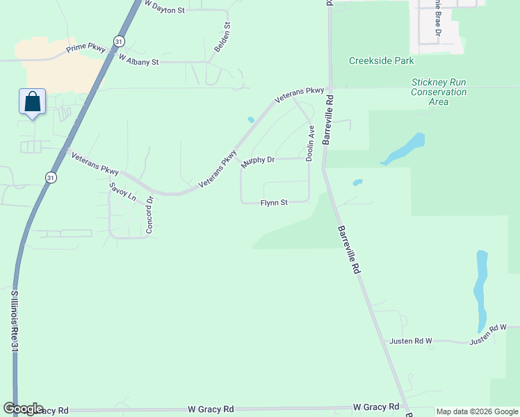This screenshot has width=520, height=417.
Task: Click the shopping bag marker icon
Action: [x=32, y=102]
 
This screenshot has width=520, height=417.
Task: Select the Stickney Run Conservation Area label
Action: [x=439, y=92]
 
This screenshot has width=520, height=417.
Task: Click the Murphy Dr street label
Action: [x=258, y=161]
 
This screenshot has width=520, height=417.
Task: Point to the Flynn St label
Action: [x=274, y=203]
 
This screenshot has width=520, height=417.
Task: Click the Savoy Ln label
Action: [x=122, y=191]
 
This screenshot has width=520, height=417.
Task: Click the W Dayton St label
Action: [x=164, y=8]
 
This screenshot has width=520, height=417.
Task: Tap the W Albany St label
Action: [x=138, y=60]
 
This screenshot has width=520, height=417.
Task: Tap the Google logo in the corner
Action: [x=23, y=409]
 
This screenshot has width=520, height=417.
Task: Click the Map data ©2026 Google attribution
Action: [x=476, y=411]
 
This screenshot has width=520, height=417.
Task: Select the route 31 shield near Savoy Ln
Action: [x=50, y=179]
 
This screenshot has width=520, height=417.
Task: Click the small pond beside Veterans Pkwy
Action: [x=250, y=120]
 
